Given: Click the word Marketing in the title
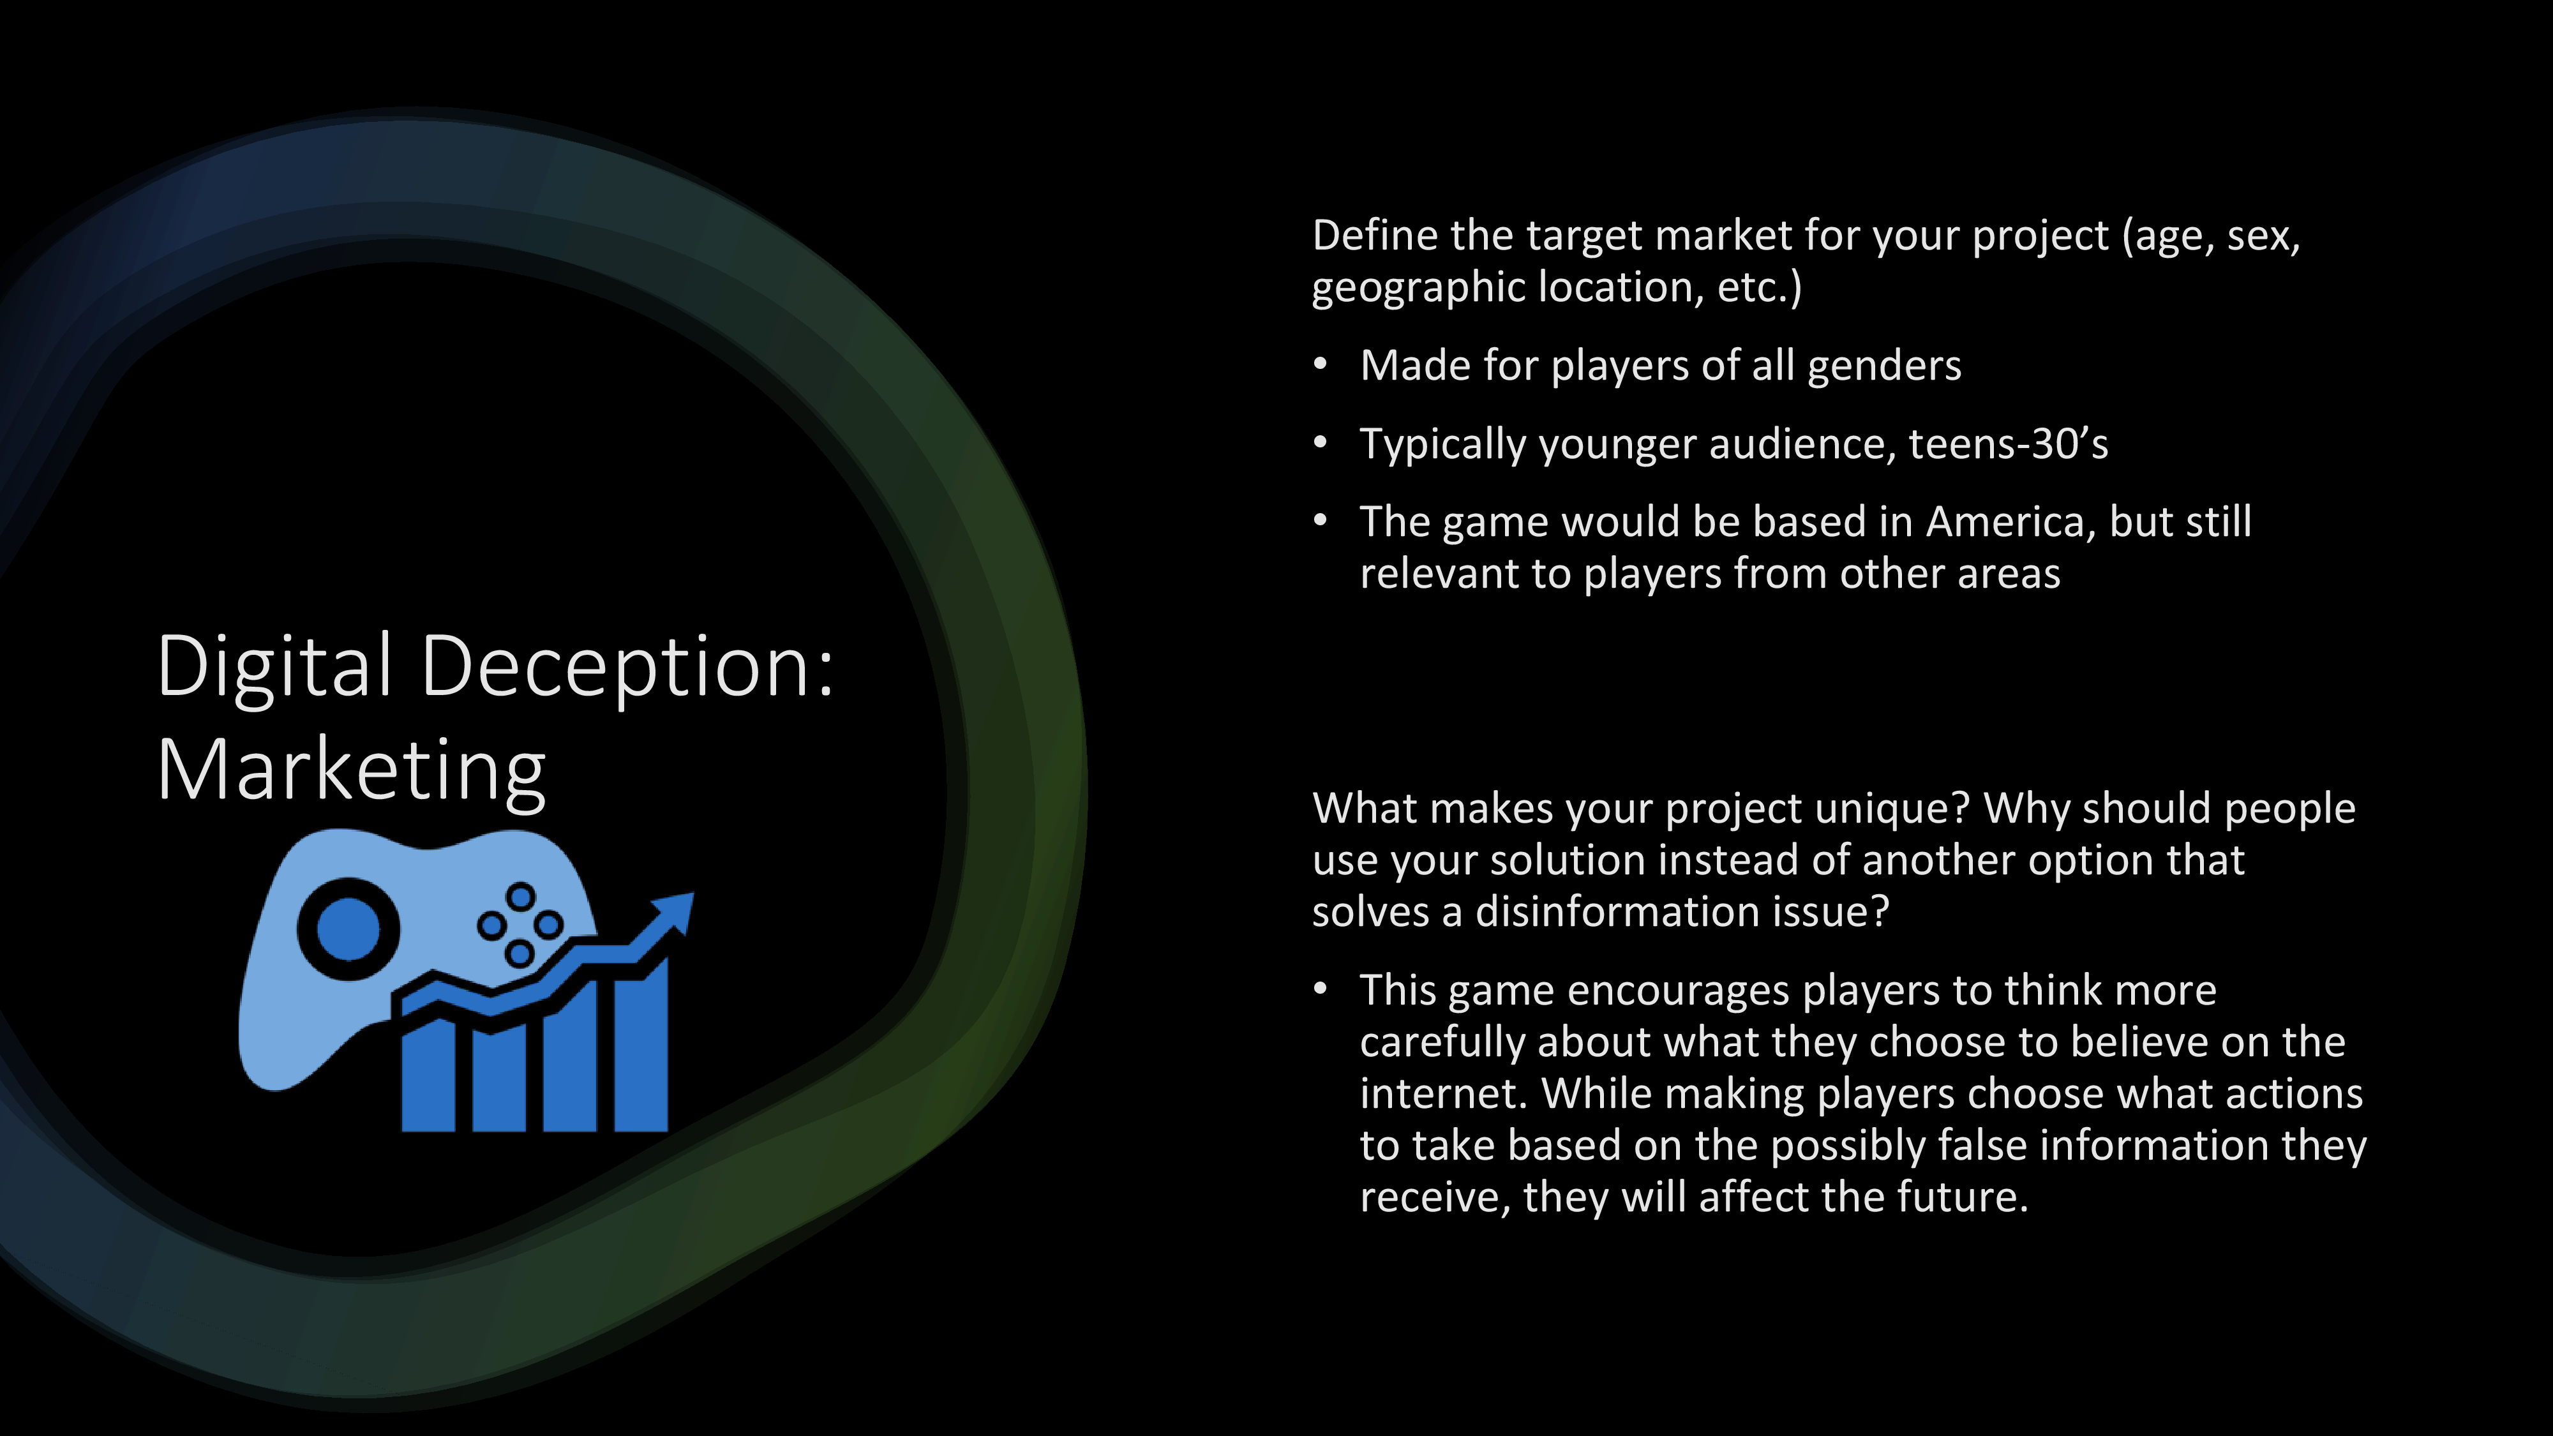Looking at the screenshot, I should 351,770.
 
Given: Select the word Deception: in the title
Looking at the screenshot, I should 628,666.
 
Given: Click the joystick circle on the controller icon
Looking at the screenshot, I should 348,929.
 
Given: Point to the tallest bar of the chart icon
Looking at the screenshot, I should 641,1051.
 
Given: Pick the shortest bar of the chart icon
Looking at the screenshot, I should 428,1076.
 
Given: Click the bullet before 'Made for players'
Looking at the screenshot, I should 1320,364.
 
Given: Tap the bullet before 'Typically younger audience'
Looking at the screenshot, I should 1320,443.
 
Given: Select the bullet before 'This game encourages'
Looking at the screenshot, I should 1320,989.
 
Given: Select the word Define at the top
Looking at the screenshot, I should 1375,236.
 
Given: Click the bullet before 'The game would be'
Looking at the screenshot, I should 1320,521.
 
